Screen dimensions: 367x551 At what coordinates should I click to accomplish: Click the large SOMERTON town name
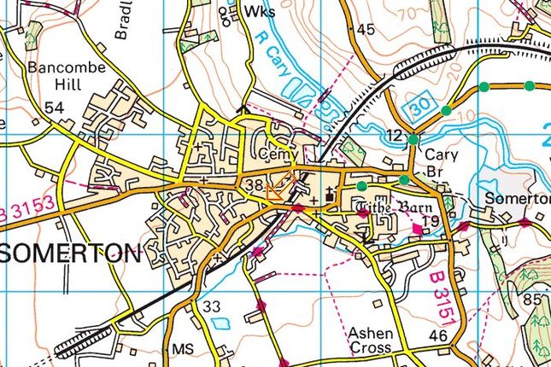coord(72,253)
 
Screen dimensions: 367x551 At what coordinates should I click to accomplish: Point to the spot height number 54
coord(55,108)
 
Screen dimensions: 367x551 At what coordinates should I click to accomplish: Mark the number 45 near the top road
coord(366,30)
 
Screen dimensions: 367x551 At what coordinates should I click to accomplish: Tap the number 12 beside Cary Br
coord(393,136)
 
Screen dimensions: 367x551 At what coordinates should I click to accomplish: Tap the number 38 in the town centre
coord(253,184)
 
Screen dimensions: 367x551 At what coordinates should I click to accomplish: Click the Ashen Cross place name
coord(371,339)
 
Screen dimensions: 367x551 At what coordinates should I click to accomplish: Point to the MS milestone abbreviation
coord(183,350)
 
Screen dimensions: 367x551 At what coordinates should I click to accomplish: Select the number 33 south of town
coord(212,306)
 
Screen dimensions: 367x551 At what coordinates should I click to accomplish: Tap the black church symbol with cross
coord(331,201)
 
